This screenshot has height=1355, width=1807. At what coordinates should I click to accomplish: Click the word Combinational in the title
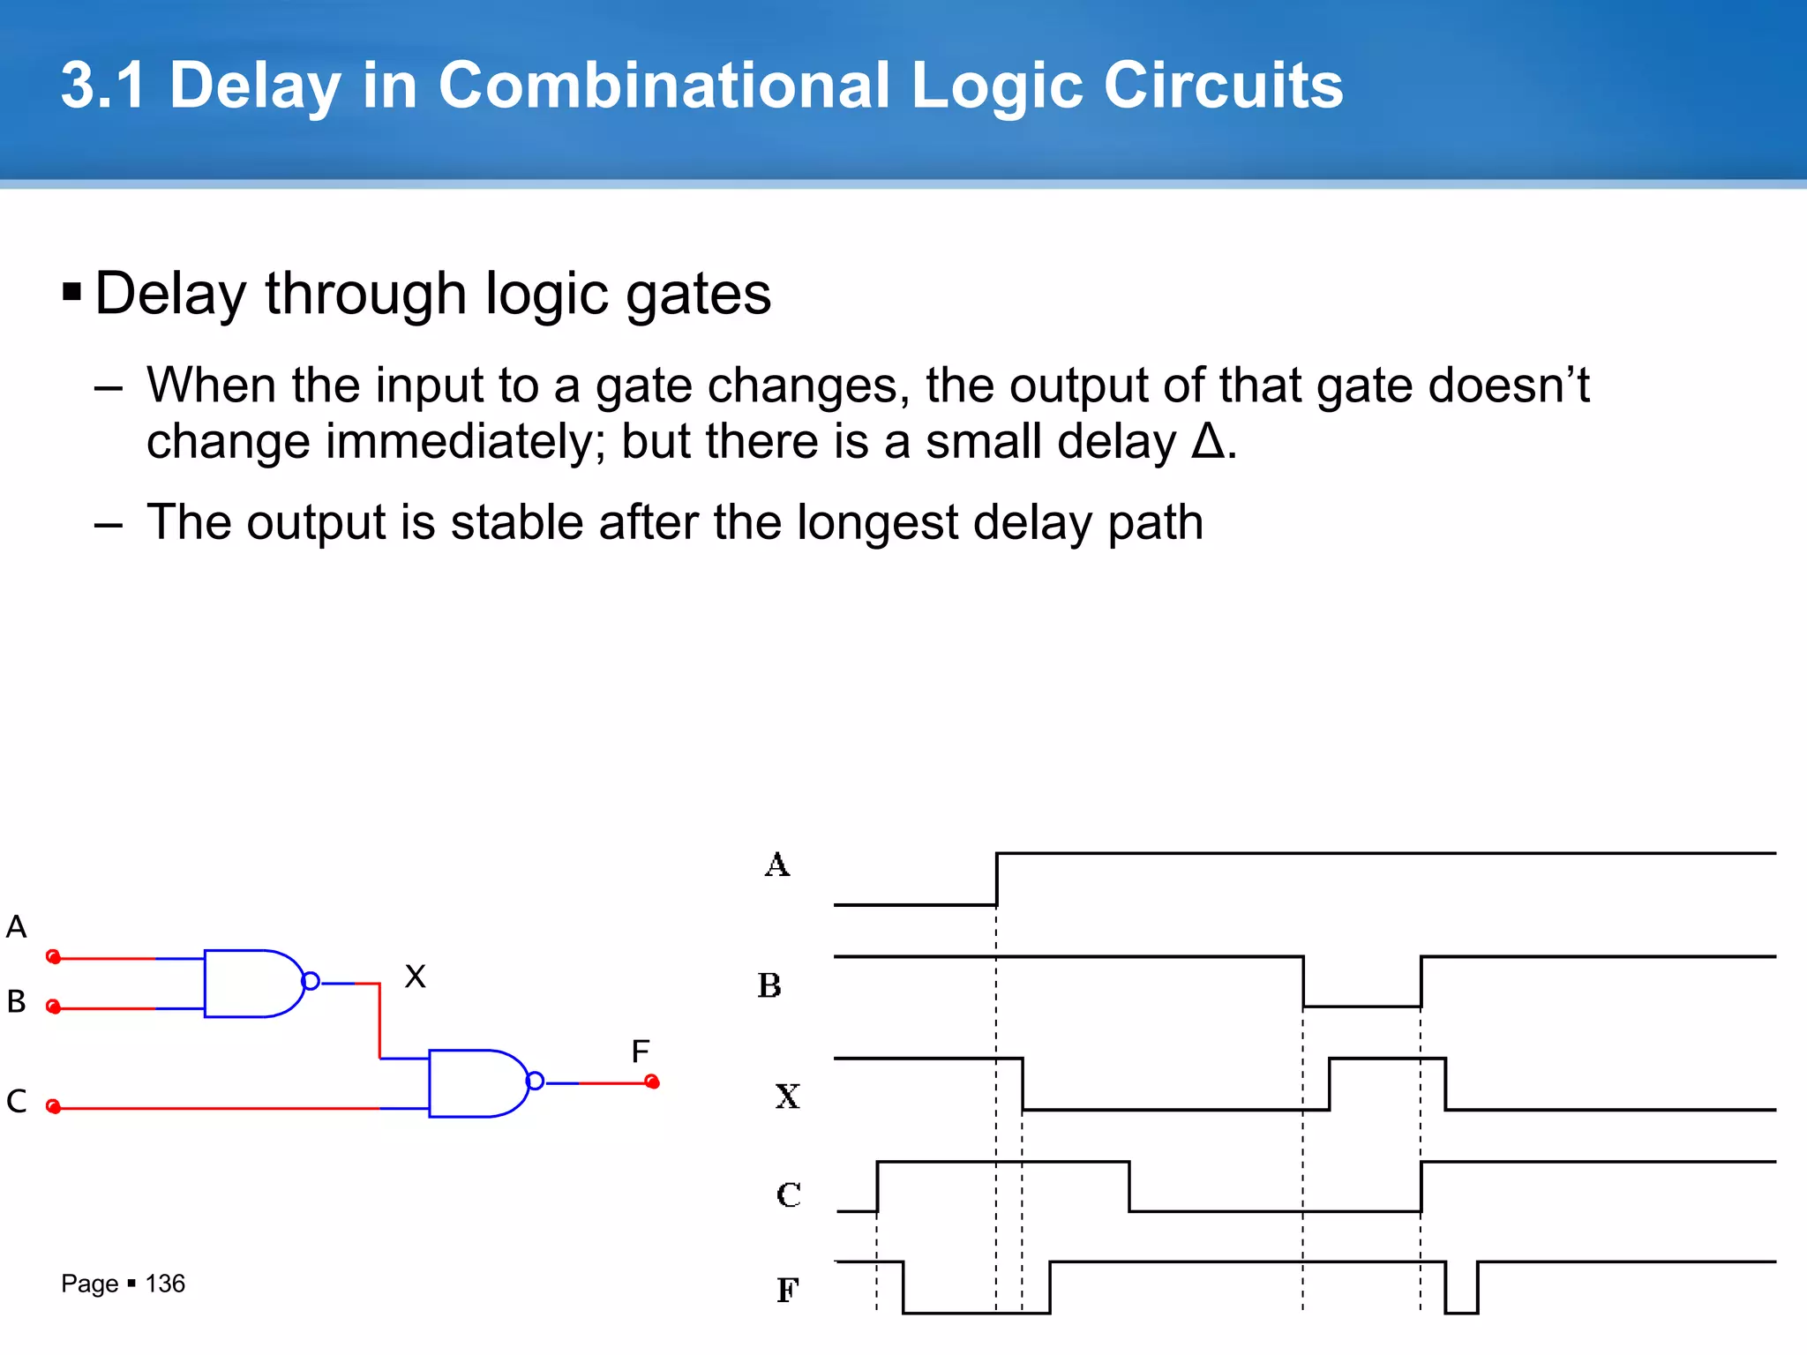click(x=664, y=86)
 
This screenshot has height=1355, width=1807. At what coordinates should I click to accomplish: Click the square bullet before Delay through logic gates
click(x=72, y=292)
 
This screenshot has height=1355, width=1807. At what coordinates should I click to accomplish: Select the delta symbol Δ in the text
click(x=1207, y=441)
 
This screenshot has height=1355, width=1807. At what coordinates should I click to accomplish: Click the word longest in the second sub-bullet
click(x=877, y=522)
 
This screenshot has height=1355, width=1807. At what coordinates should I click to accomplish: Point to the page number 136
click(x=165, y=1284)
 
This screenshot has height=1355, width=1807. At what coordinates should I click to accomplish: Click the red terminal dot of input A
click(x=53, y=956)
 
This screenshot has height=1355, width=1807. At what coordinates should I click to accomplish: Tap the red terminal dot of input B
click(x=53, y=1007)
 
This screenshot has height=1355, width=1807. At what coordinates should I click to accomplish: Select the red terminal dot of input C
click(x=53, y=1106)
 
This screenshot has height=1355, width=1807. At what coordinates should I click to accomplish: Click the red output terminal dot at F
click(x=652, y=1082)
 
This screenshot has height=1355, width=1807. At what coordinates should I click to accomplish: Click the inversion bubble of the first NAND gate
click(x=311, y=982)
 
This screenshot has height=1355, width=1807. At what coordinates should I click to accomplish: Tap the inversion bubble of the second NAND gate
click(x=536, y=1082)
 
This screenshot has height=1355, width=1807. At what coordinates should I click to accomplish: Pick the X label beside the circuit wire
click(x=415, y=977)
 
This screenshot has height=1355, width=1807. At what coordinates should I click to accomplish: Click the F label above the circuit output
click(x=641, y=1051)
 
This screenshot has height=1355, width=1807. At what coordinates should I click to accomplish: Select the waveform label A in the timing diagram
click(x=777, y=865)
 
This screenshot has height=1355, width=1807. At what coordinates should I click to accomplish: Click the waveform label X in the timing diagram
click(x=787, y=1097)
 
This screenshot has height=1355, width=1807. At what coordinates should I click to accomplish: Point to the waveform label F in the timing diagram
click(x=787, y=1291)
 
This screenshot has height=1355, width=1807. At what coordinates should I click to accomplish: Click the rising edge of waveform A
click(x=997, y=879)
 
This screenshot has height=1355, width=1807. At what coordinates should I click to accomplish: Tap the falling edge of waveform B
click(x=1304, y=981)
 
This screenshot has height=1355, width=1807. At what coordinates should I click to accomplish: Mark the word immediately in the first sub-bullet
click(x=465, y=441)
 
